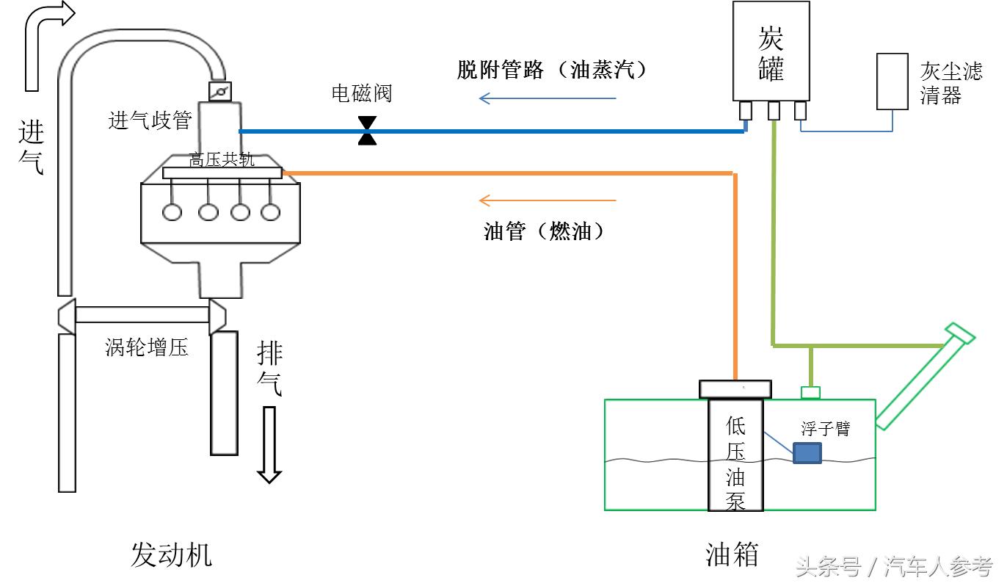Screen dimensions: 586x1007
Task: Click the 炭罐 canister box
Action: pos(771,51)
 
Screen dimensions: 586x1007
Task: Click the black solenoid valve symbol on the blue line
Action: pos(367,131)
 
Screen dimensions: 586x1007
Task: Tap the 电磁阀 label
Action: pos(361,94)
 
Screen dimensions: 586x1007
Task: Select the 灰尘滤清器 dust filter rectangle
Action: pos(893,82)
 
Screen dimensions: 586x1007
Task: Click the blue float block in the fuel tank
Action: pos(807,452)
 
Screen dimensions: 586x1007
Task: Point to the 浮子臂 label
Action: pos(825,428)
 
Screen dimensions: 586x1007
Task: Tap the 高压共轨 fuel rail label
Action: pos(222,160)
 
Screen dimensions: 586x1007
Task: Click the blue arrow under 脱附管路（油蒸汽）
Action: pos(547,98)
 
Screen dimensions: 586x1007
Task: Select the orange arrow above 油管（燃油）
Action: pos(547,200)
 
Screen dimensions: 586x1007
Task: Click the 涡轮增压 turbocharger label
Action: pos(147,347)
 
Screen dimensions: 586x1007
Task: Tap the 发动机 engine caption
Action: pos(171,554)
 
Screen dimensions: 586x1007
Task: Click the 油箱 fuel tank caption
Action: pos(731,554)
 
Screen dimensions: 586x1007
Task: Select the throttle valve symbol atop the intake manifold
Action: pos(220,92)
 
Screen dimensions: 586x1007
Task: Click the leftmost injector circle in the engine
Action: pos(172,212)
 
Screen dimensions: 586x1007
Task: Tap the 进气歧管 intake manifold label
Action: pos(150,121)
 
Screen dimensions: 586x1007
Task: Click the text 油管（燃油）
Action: pos(547,232)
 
